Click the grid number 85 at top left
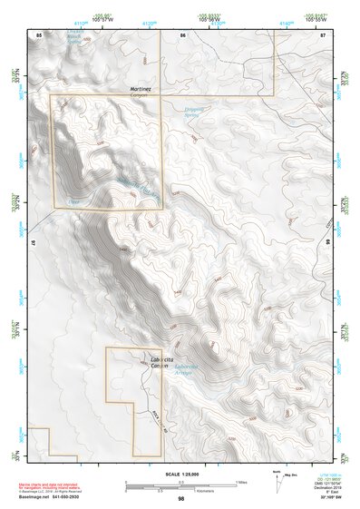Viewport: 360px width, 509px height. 38,34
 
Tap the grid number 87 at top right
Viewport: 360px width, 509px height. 322,34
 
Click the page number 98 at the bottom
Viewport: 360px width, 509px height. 180,498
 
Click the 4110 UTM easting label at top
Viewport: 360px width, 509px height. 81,22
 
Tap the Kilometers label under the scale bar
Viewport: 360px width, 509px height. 191,494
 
